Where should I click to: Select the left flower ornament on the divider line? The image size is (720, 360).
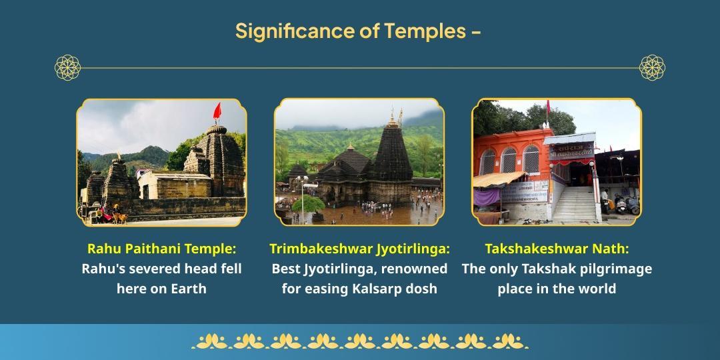(67, 67)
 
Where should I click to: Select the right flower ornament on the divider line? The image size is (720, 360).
(652, 67)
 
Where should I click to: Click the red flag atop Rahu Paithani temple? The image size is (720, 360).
(217, 111)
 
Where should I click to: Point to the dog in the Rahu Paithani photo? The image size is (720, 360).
(119, 217)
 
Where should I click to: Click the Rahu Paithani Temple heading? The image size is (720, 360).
(161, 249)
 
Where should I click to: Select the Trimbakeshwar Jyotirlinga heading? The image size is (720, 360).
(359, 249)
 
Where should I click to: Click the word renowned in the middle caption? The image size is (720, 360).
(418, 269)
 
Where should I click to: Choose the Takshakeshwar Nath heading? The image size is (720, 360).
(557, 249)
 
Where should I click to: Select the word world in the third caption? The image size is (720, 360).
(597, 289)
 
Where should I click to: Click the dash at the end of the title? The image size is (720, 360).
(476, 31)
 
